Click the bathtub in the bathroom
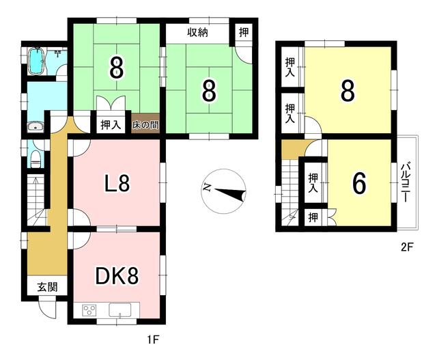click(x=36, y=61)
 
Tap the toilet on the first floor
click(x=36, y=159)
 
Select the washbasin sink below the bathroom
click(x=35, y=127)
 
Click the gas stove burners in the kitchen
click(x=89, y=310)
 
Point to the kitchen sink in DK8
click(x=120, y=310)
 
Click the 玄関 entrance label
click(x=48, y=287)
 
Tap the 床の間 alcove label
click(x=145, y=125)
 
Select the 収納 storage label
click(x=197, y=33)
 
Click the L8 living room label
click(x=117, y=183)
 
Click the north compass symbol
click(x=223, y=191)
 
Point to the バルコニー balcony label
click(x=405, y=183)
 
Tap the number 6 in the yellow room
click(x=359, y=183)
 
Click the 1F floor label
click(x=153, y=340)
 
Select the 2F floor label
click(x=407, y=247)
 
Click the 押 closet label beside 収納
click(x=244, y=32)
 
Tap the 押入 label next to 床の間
click(x=111, y=124)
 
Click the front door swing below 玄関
click(x=47, y=310)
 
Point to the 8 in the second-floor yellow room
click(x=348, y=91)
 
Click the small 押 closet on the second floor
click(x=313, y=217)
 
